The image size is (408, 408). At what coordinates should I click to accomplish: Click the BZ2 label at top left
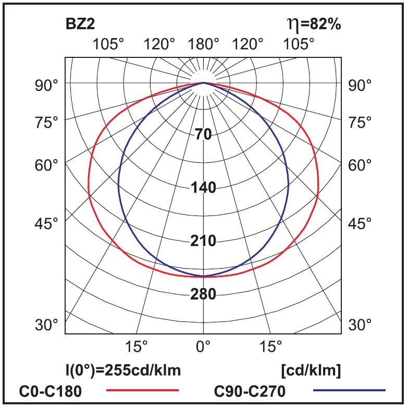(80, 24)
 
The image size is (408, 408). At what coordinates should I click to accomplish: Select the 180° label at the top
(203, 44)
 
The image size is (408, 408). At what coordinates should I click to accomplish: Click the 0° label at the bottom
(203, 345)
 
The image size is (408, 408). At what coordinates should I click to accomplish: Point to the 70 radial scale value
(203, 135)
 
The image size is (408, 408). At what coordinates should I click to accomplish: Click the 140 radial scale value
(203, 188)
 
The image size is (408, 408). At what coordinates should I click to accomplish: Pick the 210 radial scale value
(203, 241)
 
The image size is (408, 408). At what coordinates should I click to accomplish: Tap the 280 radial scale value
(203, 295)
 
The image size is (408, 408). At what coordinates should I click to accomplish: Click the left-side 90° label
(46, 85)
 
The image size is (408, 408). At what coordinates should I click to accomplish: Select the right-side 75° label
(360, 123)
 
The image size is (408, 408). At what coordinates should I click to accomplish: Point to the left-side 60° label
(46, 165)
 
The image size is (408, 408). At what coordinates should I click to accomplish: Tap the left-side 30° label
(46, 325)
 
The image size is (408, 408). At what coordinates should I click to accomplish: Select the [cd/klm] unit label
(311, 371)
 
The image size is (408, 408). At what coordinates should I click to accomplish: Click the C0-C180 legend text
(51, 391)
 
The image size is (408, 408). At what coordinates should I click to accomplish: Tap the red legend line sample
(142, 390)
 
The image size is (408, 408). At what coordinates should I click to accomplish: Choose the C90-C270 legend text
(250, 391)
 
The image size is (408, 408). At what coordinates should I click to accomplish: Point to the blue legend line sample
(350, 390)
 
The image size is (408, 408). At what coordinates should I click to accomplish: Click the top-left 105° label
(108, 44)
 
